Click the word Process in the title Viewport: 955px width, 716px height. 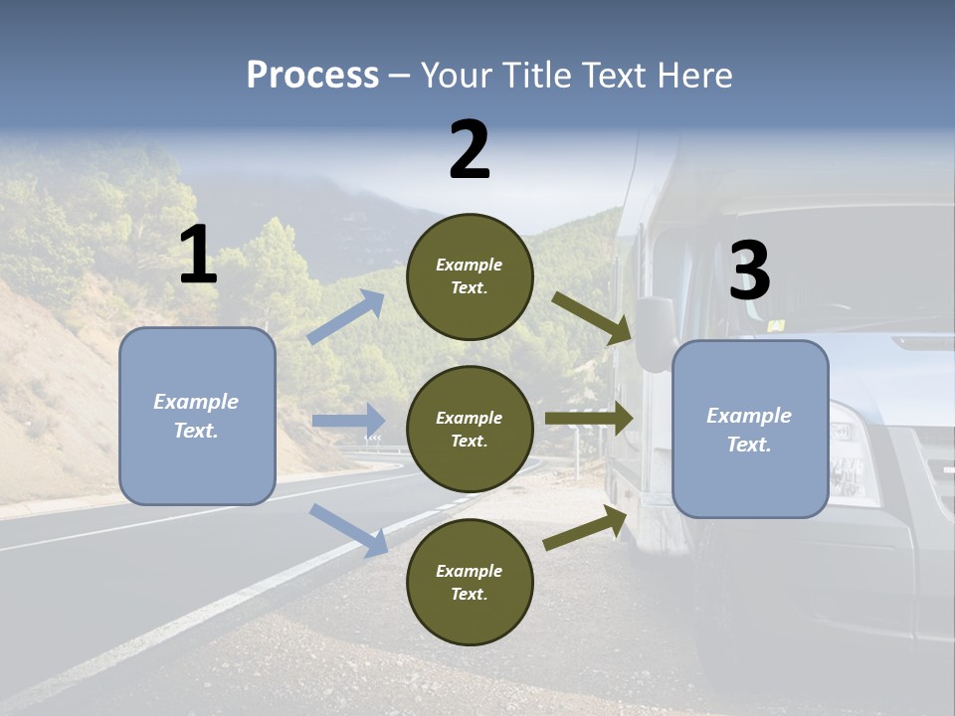click(x=312, y=75)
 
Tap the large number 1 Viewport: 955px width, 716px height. click(x=198, y=255)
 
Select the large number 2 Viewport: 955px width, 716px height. click(x=470, y=149)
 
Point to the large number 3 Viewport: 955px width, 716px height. click(x=749, y=270)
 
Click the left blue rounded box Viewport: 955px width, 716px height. click(x=197, y=416)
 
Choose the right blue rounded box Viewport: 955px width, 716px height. click(x=750, y=429)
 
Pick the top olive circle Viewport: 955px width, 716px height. click(x=470, y=276)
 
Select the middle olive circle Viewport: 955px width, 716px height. click(x=470, y=429)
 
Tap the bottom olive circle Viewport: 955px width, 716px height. click(x=470, y=582)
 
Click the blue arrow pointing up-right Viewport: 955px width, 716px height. click(x=346, y=317)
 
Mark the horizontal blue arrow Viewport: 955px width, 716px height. click(x=348, y=421)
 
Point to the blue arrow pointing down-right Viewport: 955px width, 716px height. click(x=349, y=530)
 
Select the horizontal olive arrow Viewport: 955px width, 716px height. click(x=589, y=419)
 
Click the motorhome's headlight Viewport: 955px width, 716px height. click(x=855, y=452)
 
